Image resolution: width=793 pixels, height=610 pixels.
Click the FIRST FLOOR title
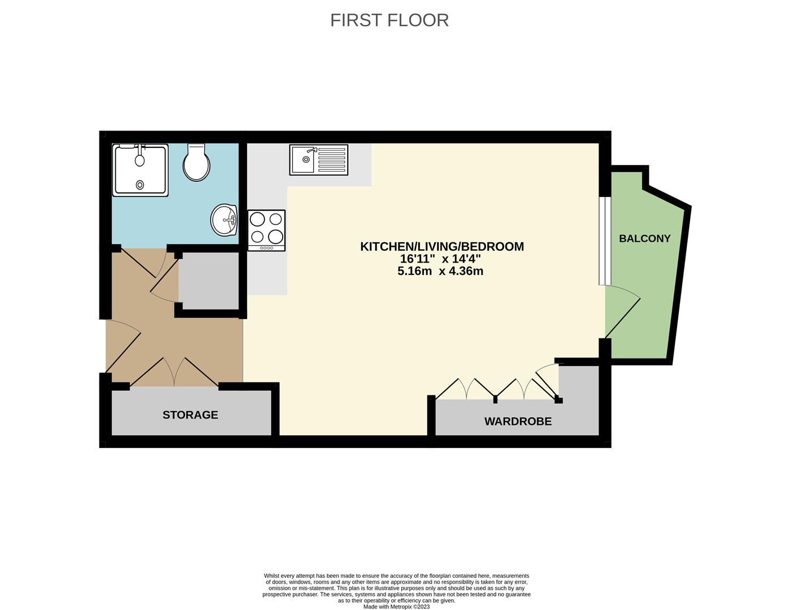pyautogui.click(x=389, y=20)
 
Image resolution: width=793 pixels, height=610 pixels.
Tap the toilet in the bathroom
pyautogui.click(x=196, y=163)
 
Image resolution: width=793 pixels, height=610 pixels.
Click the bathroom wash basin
pyautogui.click(x=224, y=220)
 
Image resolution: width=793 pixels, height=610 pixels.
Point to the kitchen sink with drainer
pyautogui.click(x=319, y=159)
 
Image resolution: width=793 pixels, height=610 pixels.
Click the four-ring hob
pyautogui.click(x=266, y=228)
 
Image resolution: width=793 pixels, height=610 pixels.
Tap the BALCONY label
pyautogui.click(x=644, y=238)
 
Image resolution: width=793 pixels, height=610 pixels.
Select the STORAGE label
pyautogui.click(x=190, y=415)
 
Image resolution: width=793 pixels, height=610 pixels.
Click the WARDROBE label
pyautogui.click(x=518, y=421)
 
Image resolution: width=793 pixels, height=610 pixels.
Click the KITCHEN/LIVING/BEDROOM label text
pyautogui.click(x=442, y=246)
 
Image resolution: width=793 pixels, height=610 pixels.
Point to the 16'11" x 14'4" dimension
pyautogui.click(x=440, y=259)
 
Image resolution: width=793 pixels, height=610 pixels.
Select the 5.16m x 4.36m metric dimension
pyautogui.click(x=440, y=271)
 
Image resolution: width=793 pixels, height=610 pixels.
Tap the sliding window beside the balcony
pyautogui.click(x=605, y=241)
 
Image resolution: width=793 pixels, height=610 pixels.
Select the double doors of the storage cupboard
pyautogui.click(x=174, y=373)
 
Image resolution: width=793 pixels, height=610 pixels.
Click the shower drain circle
pyautogui.click(x=140, y=184)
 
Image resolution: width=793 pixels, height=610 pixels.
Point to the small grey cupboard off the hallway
pyautogui.click(x=209, y=281)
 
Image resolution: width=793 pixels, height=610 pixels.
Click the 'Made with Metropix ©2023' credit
pyautogui.click(x=396, y=607)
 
